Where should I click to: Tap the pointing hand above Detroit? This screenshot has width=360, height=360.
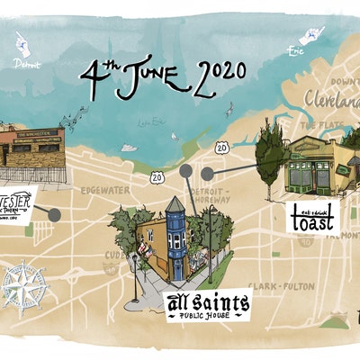coord(22,43)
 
